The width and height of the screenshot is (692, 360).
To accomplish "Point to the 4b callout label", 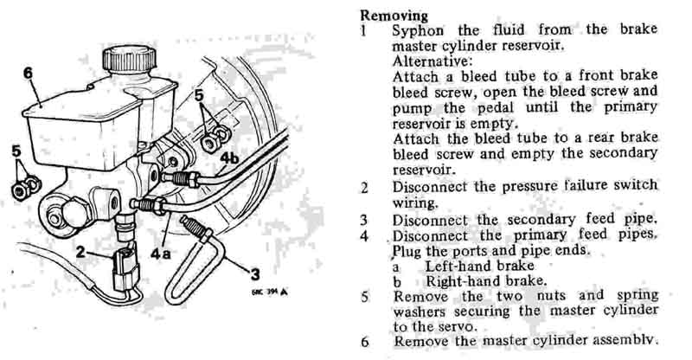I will (229, 158).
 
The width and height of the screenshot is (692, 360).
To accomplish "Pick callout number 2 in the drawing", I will (80, 253).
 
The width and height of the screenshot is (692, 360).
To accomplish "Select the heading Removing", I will (393, 16).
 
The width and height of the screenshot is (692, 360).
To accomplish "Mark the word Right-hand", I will (462, 280).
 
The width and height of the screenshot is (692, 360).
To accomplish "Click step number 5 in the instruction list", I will (364, 296).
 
